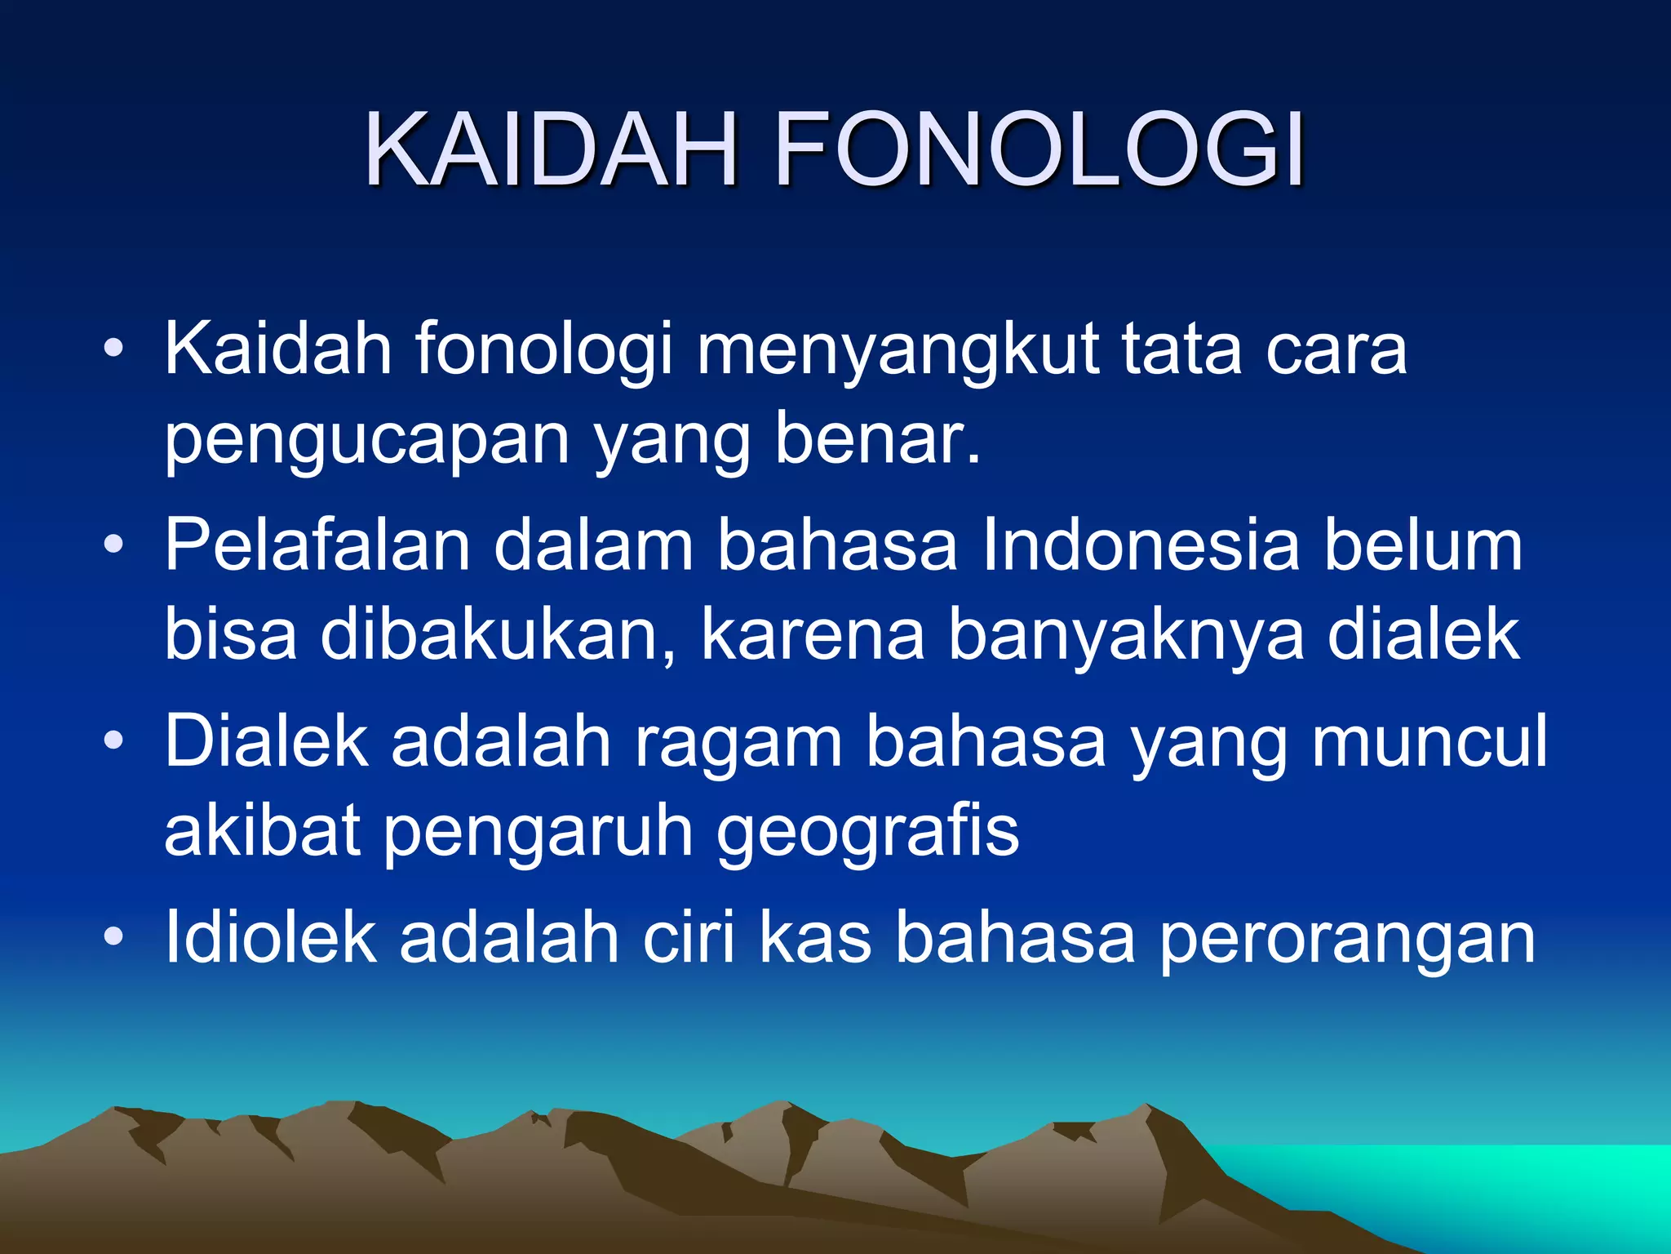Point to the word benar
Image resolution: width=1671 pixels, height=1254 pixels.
tap(876, 438)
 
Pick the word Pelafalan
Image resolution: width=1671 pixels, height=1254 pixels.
tap(317, 545)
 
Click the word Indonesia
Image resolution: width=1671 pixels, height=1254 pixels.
tap(1141, 545)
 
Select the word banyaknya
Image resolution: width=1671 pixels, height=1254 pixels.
tap(1126, 635)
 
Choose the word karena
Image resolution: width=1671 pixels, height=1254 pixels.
tap(813, 635)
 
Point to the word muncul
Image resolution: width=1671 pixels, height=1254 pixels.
tap(1429, 741)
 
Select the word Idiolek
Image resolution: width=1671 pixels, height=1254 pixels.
tap(270, 937)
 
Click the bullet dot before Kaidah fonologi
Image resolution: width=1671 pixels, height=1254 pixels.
tap(113, 349)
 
